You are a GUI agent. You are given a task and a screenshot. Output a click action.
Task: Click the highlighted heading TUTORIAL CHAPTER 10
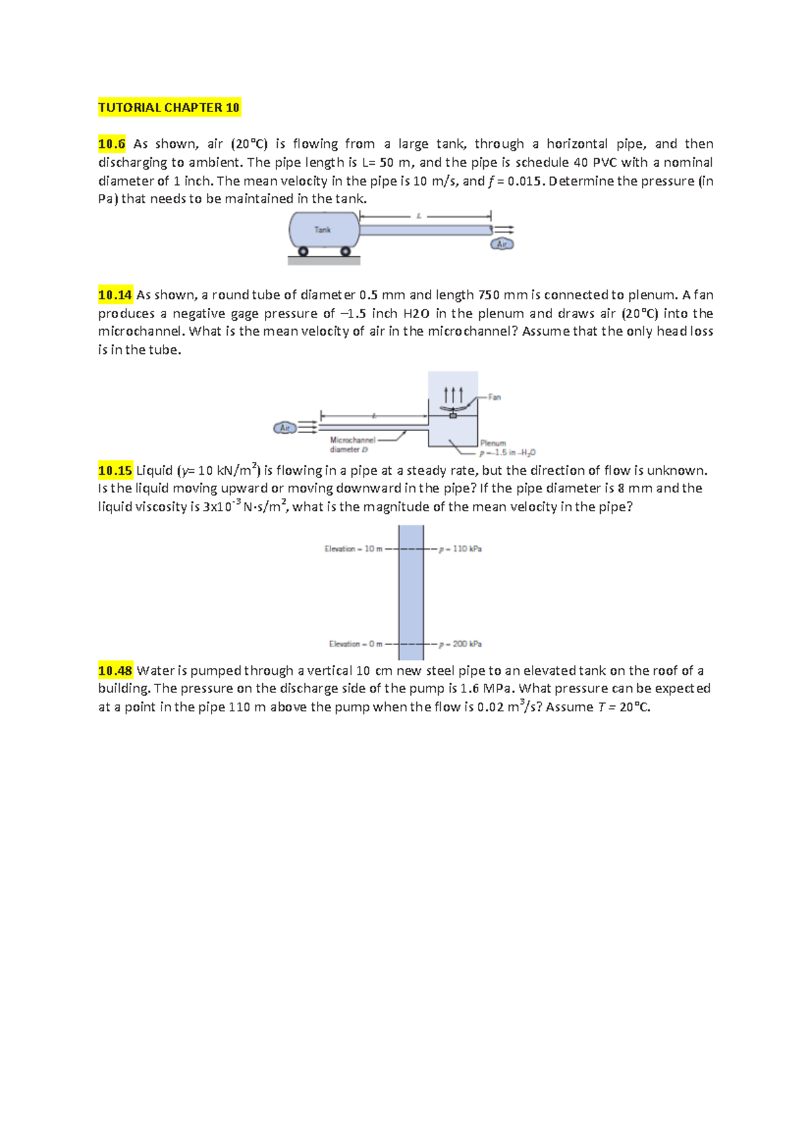(169, 107)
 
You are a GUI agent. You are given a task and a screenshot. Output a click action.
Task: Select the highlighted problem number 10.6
(112, 144)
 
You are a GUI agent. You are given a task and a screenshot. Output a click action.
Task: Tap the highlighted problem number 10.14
(115, 295)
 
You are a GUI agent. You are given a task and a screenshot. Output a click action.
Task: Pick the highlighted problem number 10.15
(115, 470)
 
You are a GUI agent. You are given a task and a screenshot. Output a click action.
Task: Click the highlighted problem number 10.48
(115, 671)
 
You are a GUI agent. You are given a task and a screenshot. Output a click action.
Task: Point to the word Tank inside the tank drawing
(322, 230)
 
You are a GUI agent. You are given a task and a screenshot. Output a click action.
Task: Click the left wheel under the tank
(303, 251)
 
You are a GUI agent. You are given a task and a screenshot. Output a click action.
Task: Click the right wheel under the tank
(345, 251)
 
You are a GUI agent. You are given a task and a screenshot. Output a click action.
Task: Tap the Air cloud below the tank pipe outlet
(502, 244)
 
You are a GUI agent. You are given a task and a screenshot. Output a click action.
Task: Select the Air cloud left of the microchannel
(285, 428)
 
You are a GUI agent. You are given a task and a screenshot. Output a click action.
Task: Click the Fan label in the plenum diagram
(495, 397)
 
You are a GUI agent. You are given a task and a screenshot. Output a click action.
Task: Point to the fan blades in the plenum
(453, 409)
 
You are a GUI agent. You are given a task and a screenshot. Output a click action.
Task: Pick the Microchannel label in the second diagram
(352, 440)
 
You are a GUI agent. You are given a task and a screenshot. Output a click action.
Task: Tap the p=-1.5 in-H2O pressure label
(508, 453)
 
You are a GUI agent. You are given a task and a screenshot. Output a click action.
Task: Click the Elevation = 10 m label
(353, 549)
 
